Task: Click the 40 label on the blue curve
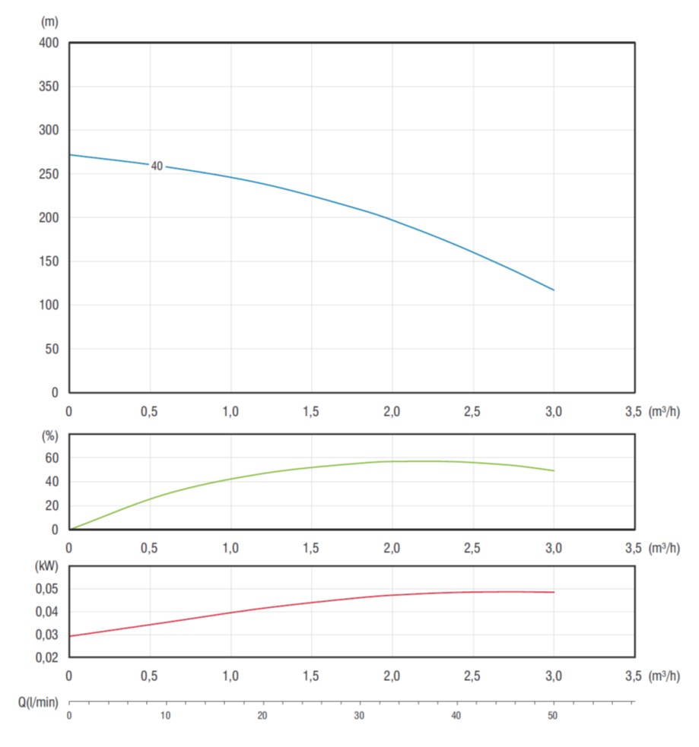pyautogui.click(x=157, y=166)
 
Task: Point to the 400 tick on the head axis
pyautogui.click(x=49, y=43)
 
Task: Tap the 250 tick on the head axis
pyautogui.click(x=49, y=174)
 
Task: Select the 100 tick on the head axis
pyautogui.click(x=49, y=305)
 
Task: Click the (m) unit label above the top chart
pyautogui.click(x=49, y=22)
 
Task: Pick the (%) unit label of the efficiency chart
pyautogui.click(x=50, y=437)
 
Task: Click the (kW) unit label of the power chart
pyautogui.click(x=48, y=567)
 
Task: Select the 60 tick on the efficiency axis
pyautogui.click(x=52, y=458)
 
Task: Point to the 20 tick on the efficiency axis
pyautogui.click(x=52, y=506)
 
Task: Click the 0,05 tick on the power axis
pyautogui.click(x=47, y=589)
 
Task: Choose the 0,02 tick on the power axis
pyautogui.click(x=47, y=657)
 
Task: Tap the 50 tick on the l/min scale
pyautogui.click(x=553, y=715)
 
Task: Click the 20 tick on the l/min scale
pyautogui.click(x=262, y=715)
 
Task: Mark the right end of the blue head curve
pyautogui.click(x=554, y=290)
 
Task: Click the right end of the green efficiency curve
pyautogui.click(x=554, y=470)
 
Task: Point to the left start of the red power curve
pyautogui.click(x=70, y=635)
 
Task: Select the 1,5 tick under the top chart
pyautogui.click(x=311, y=412)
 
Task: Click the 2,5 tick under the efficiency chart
pyautogui.click(x=472, y=548)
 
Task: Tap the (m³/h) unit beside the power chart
pyautogui.click(x=664, y=676)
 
